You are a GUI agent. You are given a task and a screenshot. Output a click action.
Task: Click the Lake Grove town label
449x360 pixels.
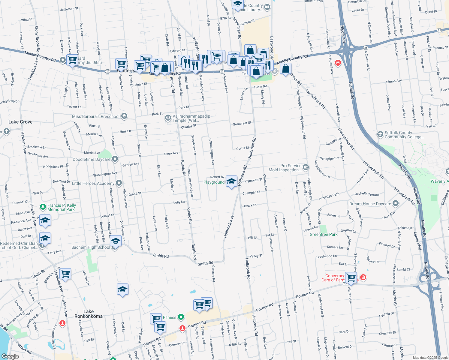[20, 122]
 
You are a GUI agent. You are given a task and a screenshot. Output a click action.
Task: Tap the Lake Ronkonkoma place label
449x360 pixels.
[89, 314]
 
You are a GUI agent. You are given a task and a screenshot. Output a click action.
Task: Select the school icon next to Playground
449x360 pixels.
[231, 181]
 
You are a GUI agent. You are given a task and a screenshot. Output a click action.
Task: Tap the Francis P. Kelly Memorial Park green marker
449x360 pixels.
[43, 207]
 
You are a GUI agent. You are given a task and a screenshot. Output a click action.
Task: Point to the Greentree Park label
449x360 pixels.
[324, 234]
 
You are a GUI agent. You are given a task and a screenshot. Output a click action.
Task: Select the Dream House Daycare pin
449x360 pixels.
[396, 204]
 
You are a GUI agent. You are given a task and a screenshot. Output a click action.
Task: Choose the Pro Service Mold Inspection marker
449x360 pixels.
[306, 167]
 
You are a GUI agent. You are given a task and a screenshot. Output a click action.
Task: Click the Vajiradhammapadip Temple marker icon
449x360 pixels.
[168, 118]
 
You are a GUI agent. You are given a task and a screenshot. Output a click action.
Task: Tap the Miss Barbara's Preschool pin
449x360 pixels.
[124, 116]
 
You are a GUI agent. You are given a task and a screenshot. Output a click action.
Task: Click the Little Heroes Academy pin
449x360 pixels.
[119, 183]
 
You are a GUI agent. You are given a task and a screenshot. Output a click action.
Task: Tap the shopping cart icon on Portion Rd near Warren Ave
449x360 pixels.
[351, 277]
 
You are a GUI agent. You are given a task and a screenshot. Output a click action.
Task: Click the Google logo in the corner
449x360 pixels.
[10, 356]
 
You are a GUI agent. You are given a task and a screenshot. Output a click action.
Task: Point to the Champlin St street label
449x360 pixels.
[251, 193]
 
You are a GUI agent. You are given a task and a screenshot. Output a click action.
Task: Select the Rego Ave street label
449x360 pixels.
[171, 154]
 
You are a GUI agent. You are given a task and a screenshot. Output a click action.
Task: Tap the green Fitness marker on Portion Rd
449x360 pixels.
[181, 317]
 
